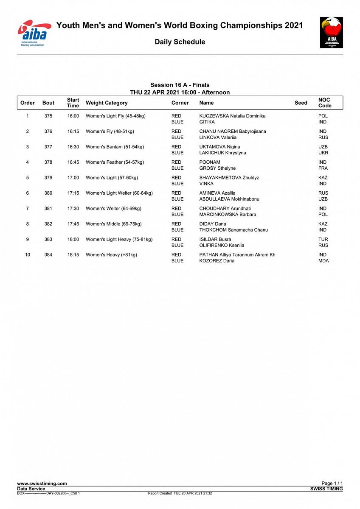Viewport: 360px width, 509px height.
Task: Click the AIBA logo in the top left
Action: [34, 33]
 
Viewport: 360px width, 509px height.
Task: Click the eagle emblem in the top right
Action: [331, 32]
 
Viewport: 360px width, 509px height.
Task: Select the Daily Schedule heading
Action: [180, 42]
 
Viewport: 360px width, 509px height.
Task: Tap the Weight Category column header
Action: [107, 103]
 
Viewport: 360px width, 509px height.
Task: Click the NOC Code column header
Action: [324, 103]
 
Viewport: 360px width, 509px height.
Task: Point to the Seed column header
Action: [301, 103]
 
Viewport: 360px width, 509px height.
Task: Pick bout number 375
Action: [48, 116]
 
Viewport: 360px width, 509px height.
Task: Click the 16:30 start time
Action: [73, 147]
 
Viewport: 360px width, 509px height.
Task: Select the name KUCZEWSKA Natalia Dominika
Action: [232, 116]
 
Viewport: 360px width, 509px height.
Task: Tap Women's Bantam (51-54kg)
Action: [115, 147]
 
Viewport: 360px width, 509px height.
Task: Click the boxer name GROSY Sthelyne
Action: [217, 168]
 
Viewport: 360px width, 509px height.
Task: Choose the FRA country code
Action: [323, 168]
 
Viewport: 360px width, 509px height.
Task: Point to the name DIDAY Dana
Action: [213, 224]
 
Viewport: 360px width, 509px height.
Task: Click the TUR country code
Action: [323, 239]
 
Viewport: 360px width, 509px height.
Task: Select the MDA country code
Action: [323, 260]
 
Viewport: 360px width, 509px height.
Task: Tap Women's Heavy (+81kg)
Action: [111, 255]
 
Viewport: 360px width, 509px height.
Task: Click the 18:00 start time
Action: [73, 239]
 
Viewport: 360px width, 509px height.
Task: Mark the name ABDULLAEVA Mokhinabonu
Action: [229, 199]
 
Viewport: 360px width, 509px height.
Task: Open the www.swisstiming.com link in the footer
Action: [42, 484]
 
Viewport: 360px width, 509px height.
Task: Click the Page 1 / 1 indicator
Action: [332, 484]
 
